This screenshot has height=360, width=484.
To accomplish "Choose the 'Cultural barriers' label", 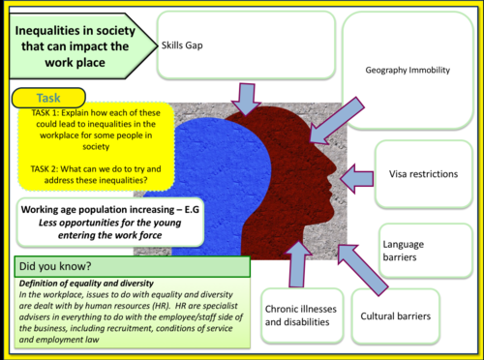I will coord(395,315).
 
